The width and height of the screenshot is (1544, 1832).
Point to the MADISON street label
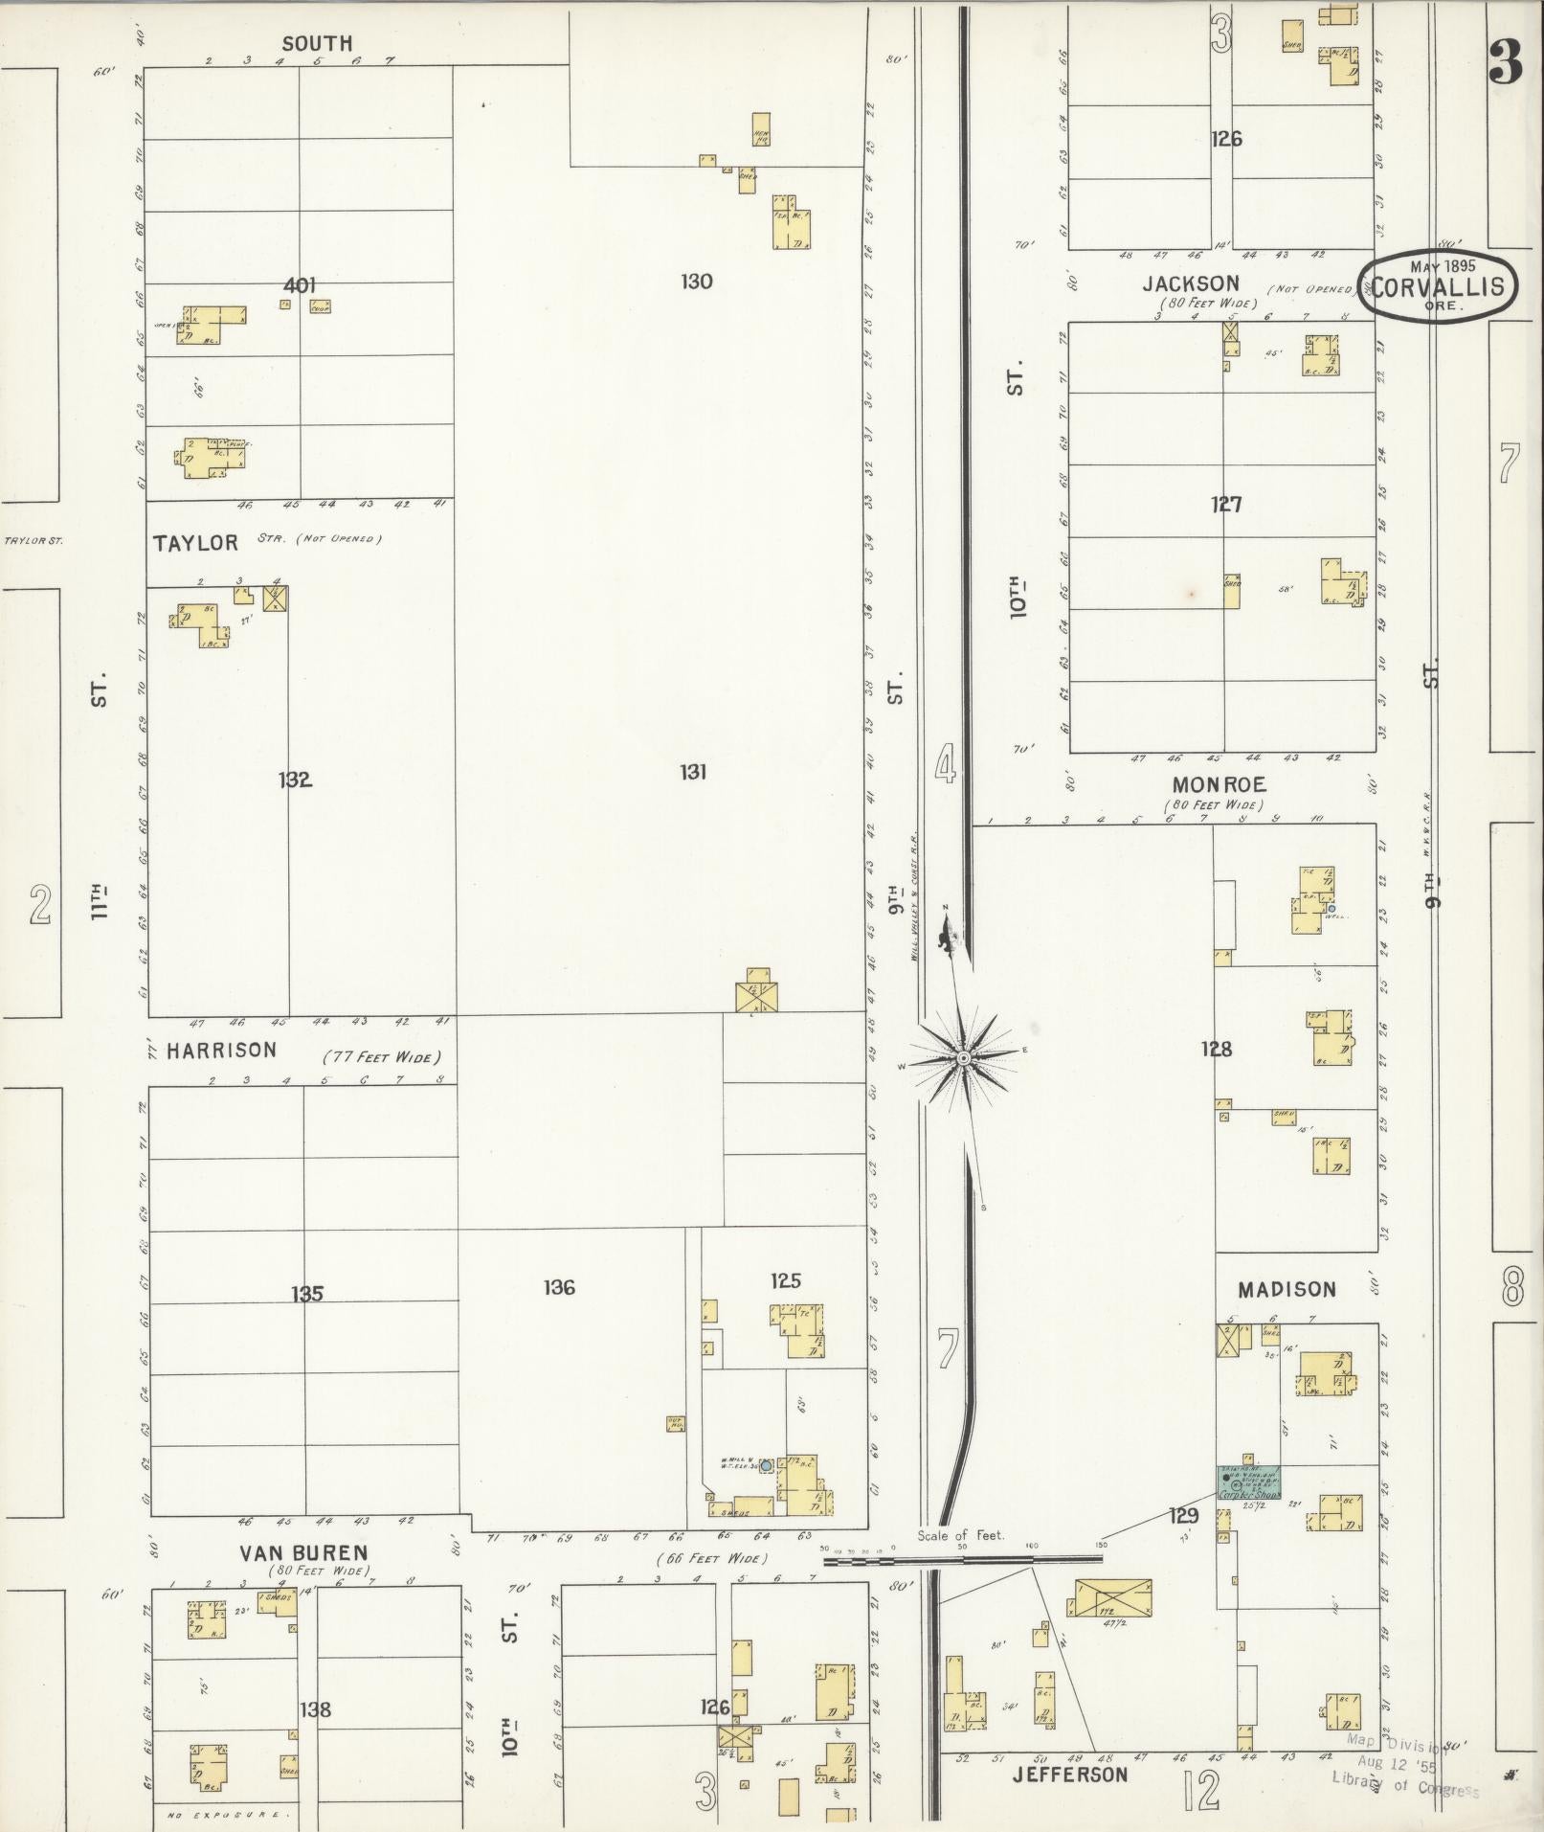click(x=1287, y=1290)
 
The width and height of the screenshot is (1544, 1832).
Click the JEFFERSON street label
click(x=1070, y=1775)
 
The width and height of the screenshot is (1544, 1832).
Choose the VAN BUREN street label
click(x=304, y=1552)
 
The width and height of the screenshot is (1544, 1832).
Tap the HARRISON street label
click(x=221, y=1051)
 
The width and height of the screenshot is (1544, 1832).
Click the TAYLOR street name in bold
click(x=195, y=543)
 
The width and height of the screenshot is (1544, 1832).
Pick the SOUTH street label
click(x=317, y=43)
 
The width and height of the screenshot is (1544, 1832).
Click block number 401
click(x=300, y=284)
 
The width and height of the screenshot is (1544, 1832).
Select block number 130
click(x=696, y=281)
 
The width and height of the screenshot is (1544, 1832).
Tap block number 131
click(x=693, y=771)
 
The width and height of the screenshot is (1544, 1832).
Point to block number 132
click(x=295, y=780)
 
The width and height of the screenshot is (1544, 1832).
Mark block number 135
click(x=307, y=1295)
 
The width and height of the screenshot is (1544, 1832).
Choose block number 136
click(x=559, y=1287)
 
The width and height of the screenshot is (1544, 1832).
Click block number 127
click(x=1225, y=504)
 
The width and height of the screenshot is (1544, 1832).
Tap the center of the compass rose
click(x=964, y=1057)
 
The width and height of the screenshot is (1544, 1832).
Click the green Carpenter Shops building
click(x=1249, y=1509)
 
